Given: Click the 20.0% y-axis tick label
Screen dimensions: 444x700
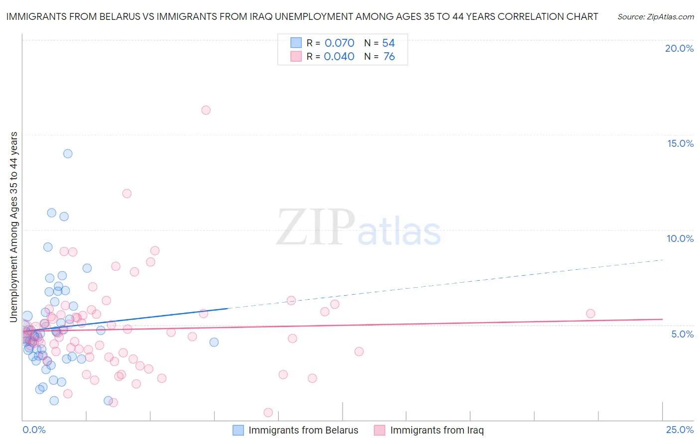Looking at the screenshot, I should coord(679,48).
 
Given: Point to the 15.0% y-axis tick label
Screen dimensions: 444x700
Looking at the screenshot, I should coord(680,143).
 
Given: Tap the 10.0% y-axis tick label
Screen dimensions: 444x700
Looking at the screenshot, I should coord(680,238).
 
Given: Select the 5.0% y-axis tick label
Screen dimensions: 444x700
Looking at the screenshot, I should coord(682,334).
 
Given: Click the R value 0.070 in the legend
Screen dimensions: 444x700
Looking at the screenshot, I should coord(340,43).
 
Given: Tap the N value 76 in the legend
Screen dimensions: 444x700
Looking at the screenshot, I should coord(389,57).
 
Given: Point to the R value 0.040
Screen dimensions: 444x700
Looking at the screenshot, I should coord(339,57).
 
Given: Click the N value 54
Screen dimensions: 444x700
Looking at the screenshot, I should coord(388,43).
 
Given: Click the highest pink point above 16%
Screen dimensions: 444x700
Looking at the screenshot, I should coord(206,110).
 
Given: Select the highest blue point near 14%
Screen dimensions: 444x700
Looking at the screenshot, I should coord(68,154).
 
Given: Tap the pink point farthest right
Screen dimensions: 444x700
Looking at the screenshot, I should coord(590,314).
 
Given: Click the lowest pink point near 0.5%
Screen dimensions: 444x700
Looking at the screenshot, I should coord(268,412).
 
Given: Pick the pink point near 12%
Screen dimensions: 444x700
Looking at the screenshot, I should coord(127,194).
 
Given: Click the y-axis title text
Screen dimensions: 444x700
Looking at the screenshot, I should coord(14,227).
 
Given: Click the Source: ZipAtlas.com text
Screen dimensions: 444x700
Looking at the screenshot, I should coord(655,17).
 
